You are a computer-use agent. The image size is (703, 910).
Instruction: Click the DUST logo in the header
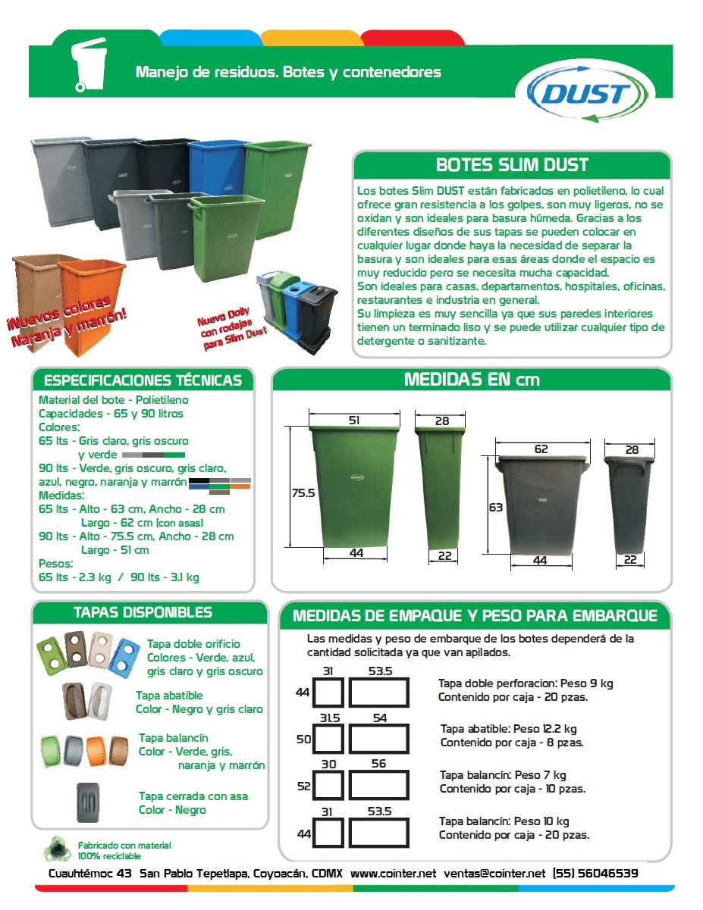583,93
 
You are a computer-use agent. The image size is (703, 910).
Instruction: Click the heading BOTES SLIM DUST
512,164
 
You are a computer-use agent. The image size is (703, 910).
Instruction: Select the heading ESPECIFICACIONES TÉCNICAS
143,380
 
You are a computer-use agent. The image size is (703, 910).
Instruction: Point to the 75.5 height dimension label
303,493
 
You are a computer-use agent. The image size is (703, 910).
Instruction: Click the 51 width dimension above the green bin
354,420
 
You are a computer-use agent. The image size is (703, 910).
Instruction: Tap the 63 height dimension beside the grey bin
495,508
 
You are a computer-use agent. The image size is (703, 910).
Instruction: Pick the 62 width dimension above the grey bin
541,449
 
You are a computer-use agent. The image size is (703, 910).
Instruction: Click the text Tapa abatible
169,695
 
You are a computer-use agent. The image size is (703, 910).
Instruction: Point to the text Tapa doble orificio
194,644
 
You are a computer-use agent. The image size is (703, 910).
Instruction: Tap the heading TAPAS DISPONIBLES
143,612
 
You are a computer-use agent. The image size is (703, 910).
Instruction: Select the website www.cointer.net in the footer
393,873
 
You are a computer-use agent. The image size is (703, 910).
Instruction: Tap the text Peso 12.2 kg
545,729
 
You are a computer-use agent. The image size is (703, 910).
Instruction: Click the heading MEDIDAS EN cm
472,379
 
